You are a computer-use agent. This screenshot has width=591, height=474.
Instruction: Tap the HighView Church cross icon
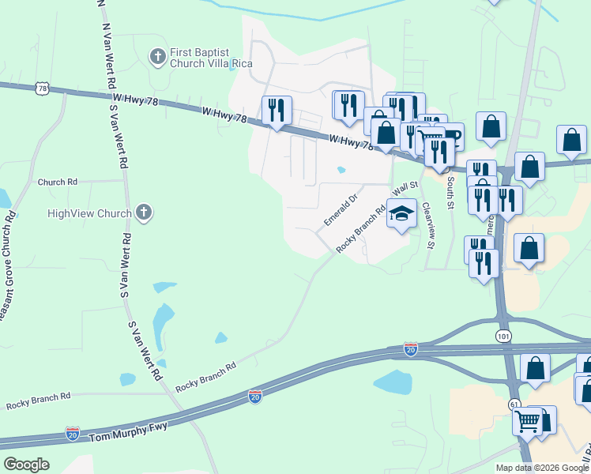143,212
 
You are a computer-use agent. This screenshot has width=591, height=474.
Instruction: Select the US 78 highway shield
42,88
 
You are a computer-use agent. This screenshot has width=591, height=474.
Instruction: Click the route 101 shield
504,337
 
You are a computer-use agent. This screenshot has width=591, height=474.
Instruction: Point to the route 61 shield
514,404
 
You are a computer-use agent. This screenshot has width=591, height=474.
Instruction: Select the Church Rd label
57,182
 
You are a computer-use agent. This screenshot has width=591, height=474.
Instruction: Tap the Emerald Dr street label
341,209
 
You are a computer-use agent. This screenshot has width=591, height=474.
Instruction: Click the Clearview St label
429,224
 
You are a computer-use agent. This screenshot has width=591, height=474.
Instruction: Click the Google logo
26,465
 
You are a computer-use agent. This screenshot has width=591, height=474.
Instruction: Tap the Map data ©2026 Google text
542,468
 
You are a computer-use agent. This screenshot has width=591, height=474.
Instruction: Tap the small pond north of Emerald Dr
341,169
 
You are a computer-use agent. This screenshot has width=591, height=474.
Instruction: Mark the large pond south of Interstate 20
393,382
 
